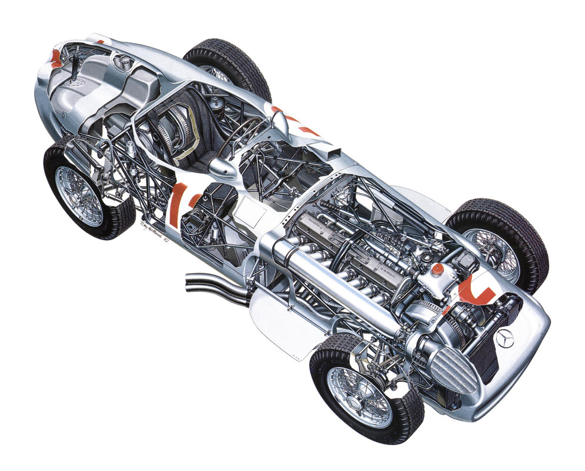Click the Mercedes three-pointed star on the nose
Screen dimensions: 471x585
[x=505, y=339]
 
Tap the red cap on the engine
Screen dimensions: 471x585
[x=437, y=268]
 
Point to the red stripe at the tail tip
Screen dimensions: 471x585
[x=56, y=57]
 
